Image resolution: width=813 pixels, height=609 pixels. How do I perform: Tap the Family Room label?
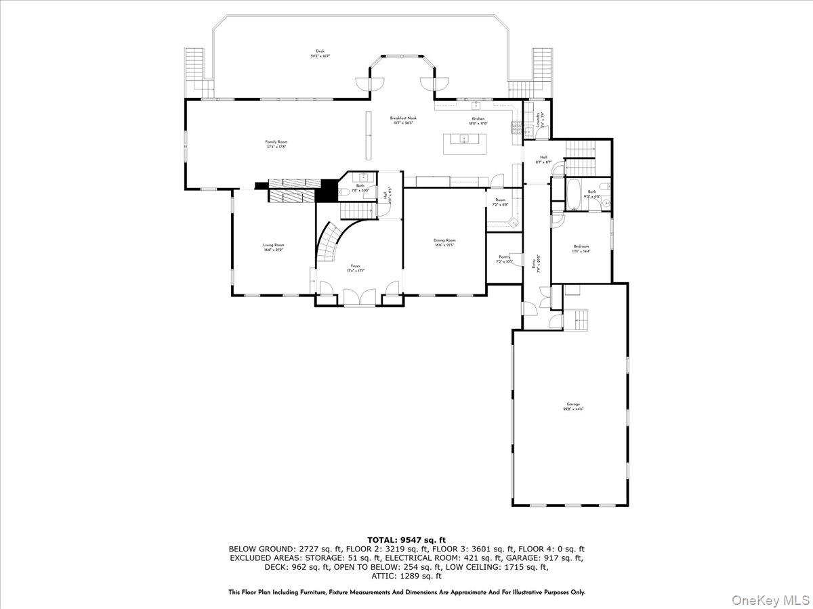(x=276, y=144)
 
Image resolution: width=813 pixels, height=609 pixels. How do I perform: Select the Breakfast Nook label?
(x=403, y=120)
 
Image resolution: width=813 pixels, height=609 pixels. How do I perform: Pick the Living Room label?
(x=274, y=247)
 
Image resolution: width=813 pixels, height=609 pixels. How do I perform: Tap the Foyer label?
(x=355, y=268)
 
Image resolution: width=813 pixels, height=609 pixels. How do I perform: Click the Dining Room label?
(x=444, y=242)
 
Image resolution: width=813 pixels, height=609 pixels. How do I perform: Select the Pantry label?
(x=504, y=258)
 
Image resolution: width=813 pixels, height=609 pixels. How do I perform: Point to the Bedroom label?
(x=581, y=248)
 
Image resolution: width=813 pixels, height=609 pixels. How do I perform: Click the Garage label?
(x=573, y=407)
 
